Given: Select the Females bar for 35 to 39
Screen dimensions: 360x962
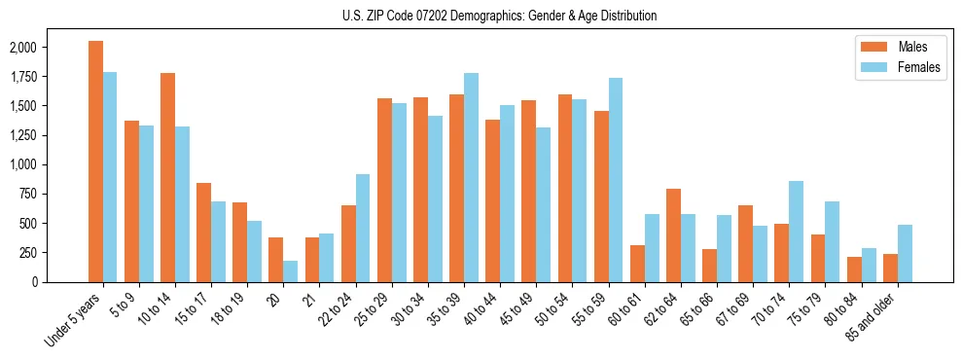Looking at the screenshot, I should click(x=471, y=177).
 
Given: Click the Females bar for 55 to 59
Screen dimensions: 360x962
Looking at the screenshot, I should click(x=616, y=180).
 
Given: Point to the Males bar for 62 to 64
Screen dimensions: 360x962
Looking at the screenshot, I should click(x=673, y=234).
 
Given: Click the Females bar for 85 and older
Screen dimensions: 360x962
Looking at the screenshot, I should click(x=905, y=253).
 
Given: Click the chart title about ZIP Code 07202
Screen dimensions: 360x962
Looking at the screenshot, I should click(x=499, y=16).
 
